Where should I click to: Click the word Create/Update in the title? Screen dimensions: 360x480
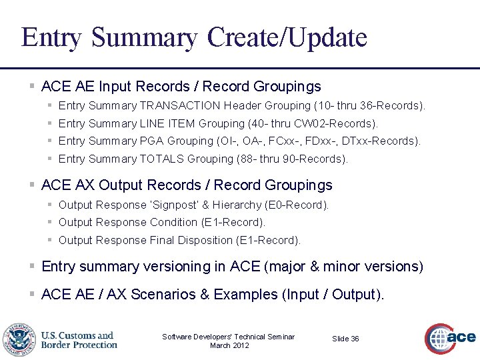pos(287,37)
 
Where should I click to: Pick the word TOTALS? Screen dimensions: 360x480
pos(162,159)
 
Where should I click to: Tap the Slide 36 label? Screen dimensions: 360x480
pos(345,339)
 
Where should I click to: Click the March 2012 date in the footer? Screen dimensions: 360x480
pos(229,345)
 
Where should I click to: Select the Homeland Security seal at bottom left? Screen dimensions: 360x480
pos(19,339)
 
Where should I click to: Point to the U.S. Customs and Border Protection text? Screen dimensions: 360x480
pos(79,340)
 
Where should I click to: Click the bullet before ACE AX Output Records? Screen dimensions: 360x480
pos(32,185)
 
